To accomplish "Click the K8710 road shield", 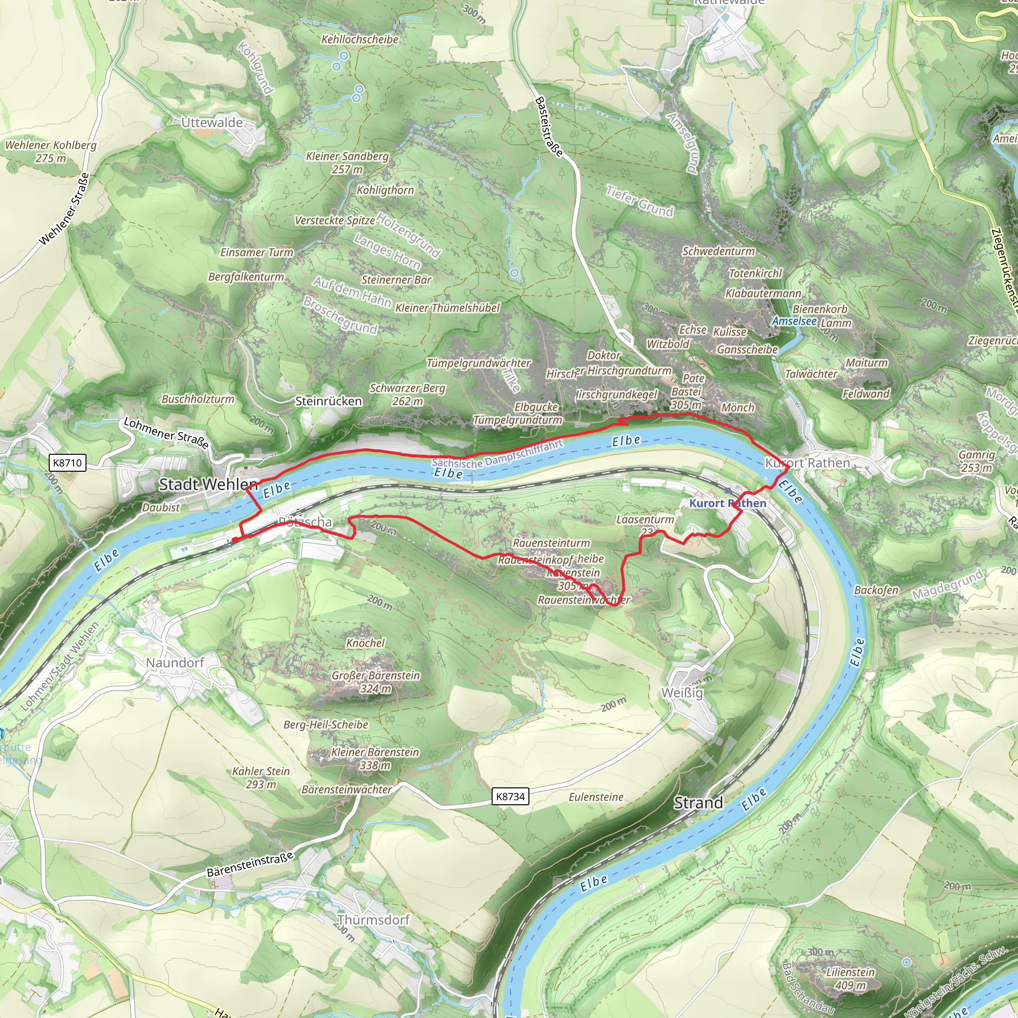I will click(x=68, y=463).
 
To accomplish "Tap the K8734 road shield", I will click(x=510, y=796).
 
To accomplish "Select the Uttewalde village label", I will click(x=212, y=123).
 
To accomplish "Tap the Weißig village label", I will click(x=682, y=693).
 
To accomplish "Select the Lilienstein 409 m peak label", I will click(x=850, y=978).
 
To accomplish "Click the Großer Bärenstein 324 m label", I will click(x=376, y=682).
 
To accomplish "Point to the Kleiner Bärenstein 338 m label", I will click(x=375, y=759).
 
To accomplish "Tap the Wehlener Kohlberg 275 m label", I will click(x=51, y=151).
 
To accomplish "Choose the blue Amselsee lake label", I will click(x=794, y=322).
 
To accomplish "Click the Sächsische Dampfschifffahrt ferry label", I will click(x=498, y=454).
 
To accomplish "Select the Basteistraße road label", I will click(x=549, y=126).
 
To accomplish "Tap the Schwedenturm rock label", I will click(x=719, y=252).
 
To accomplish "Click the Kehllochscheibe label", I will click(x=360, y=40).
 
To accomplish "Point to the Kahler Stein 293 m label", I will click(x=261, y=778).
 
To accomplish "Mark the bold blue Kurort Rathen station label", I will click(x=728, y=503).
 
